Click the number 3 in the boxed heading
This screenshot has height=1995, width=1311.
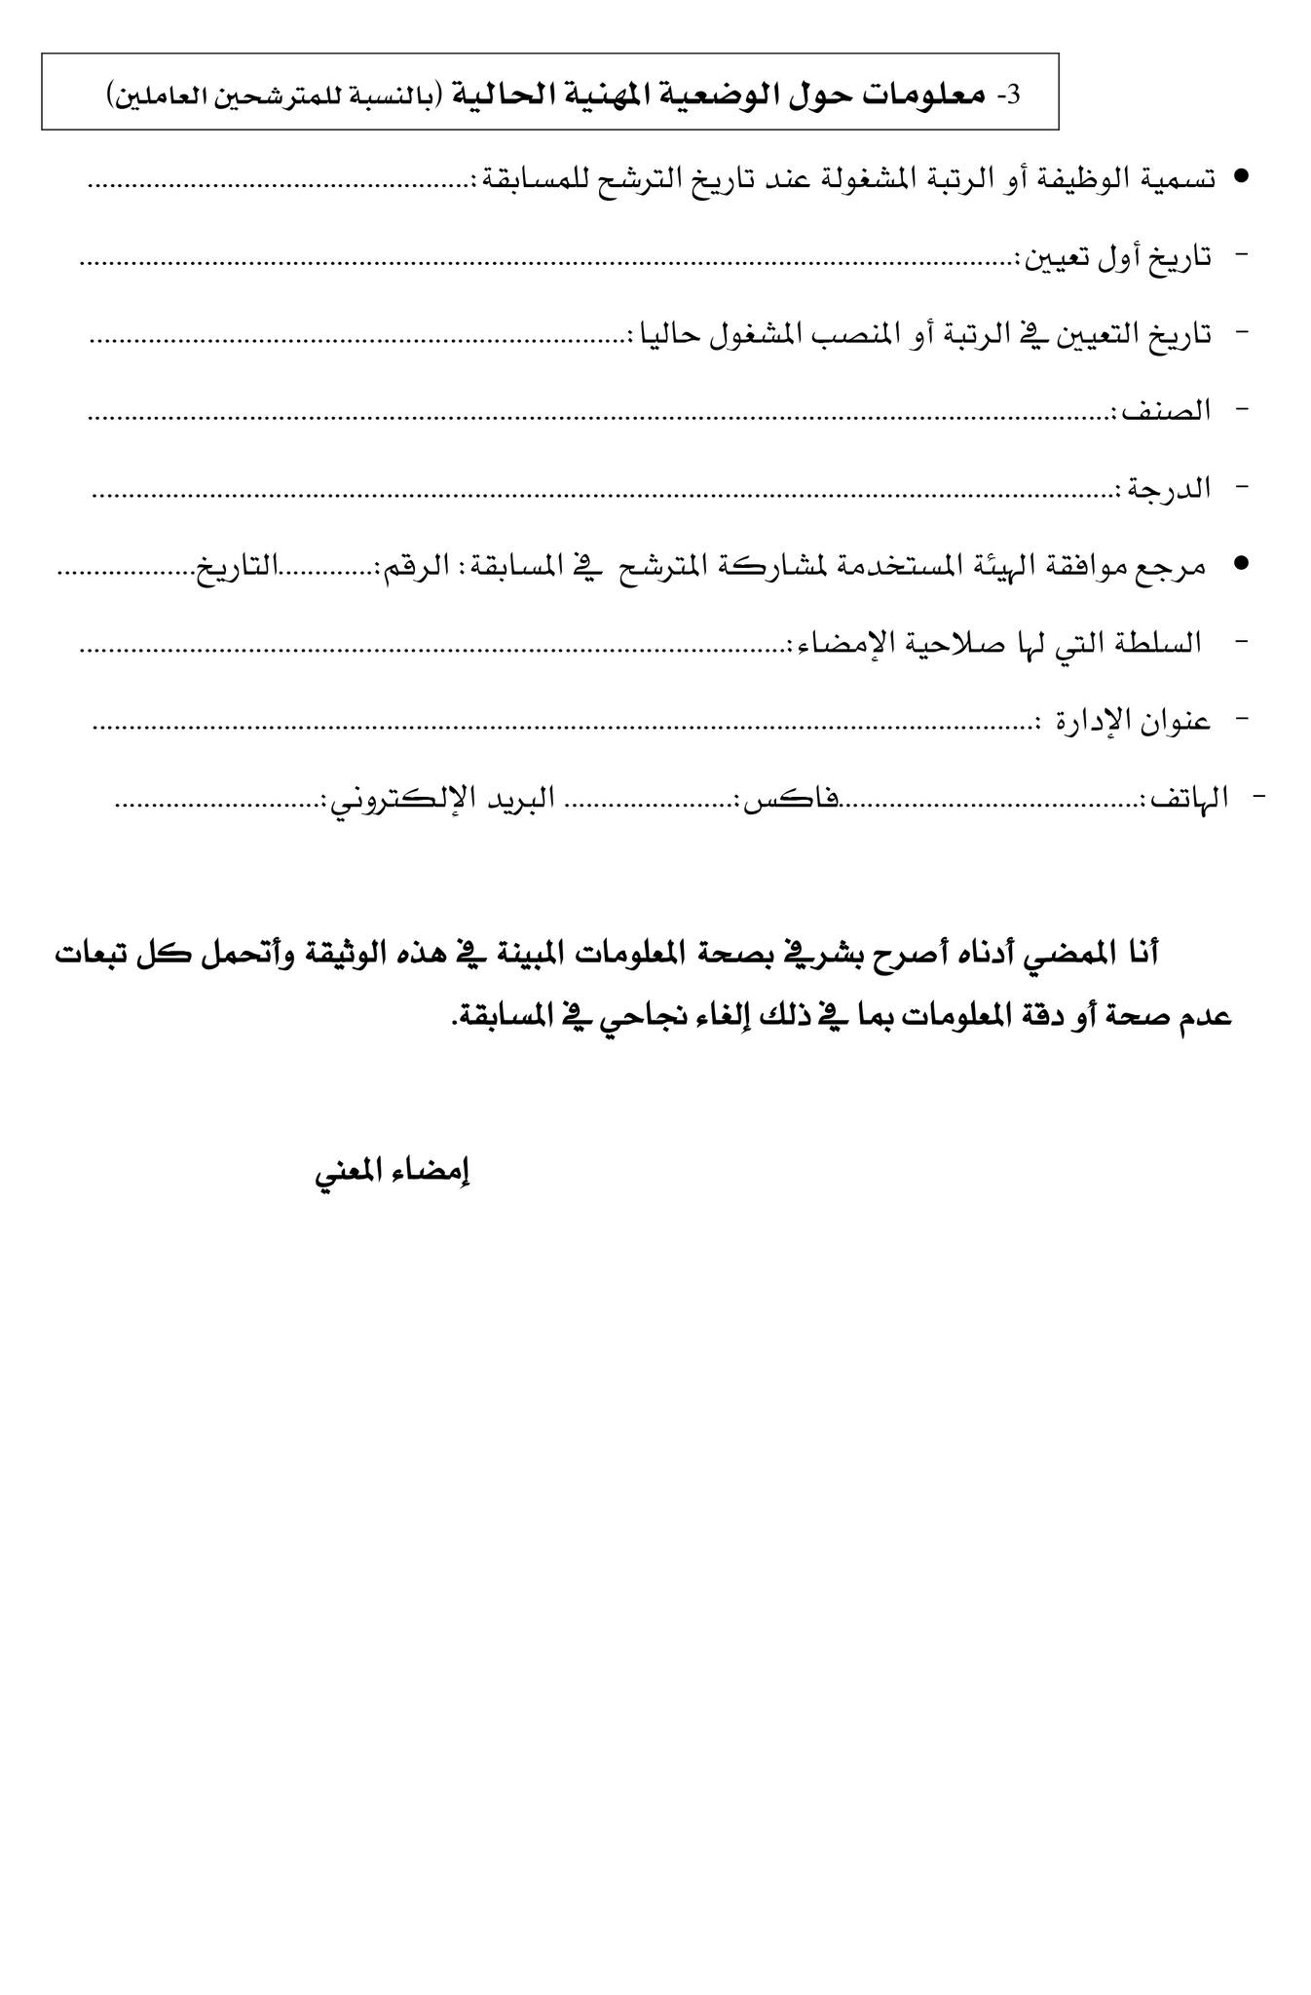[1012, 94]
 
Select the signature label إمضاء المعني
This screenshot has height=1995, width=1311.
[392, 1171]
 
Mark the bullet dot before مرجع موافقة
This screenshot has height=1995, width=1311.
[1240, 564]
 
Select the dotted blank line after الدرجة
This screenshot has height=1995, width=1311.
[604, 495]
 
